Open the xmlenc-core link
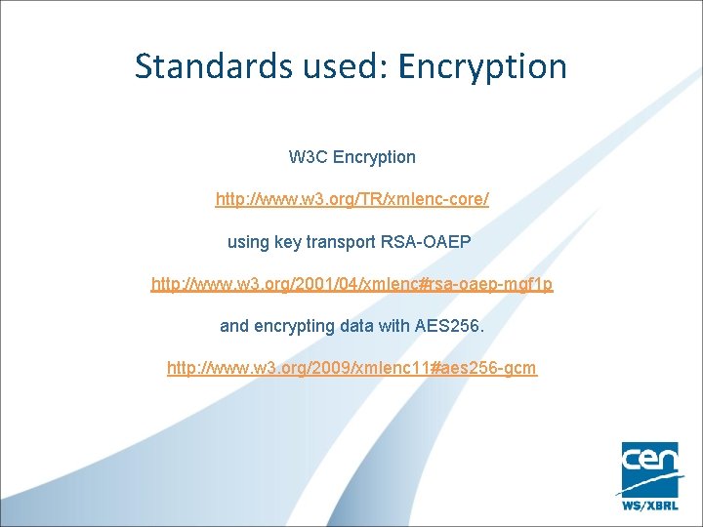point(351,199)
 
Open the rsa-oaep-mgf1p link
point(351,284)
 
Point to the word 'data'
point(363,326)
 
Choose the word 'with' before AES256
point(401,326)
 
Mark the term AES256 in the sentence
point(451,326)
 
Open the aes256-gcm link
point(351,368)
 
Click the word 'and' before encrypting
point(234,326)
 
